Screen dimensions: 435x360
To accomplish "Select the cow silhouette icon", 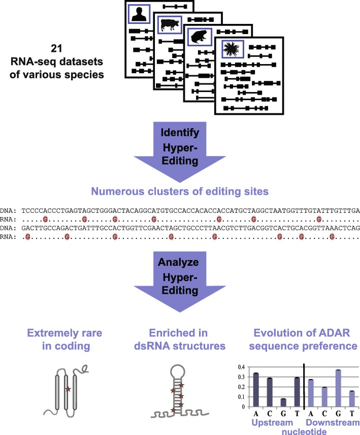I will pos(169,24).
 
